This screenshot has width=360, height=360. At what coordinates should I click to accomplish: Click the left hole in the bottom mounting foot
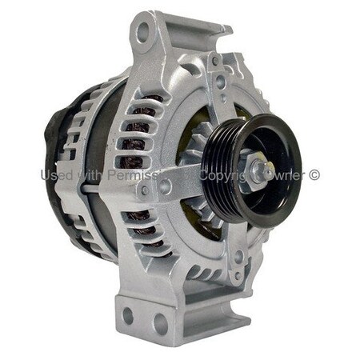pos(128,316)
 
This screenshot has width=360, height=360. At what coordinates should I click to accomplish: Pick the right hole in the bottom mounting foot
pos(160,322)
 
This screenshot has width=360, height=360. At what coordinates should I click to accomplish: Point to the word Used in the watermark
pos(55,174)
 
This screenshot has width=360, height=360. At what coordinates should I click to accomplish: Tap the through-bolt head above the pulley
pos(219,80)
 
